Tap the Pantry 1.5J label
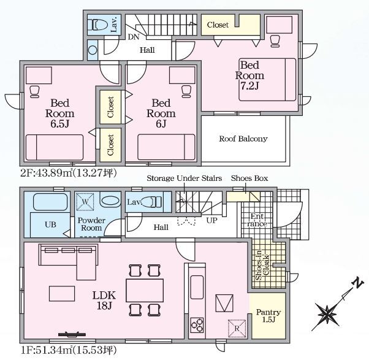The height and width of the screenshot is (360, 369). (x=268, y=316)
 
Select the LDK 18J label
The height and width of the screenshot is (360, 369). (x=104, y=300)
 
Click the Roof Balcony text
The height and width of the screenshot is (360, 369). (x=243, y=139)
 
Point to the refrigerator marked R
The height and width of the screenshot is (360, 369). (x=237, y=328)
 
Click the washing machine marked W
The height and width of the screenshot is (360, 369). (x=85, y=202)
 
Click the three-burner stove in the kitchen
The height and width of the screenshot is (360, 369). (x=197, y=325)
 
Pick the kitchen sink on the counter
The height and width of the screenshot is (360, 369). (x=197, y=287)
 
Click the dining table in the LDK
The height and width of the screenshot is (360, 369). (x=145, y=290)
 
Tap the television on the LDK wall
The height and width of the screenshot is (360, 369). (x=72, y=334)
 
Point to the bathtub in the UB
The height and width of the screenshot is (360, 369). (x=50, y=202)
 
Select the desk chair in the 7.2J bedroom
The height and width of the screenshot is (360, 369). (x=275, y=41)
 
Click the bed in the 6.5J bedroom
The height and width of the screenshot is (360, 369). (x=55, y=147)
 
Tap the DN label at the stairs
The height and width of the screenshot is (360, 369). (x=134, y=37)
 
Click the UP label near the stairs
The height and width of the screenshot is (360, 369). (x=212, y=221)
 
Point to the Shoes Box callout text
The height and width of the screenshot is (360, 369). (x=249, y=178)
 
